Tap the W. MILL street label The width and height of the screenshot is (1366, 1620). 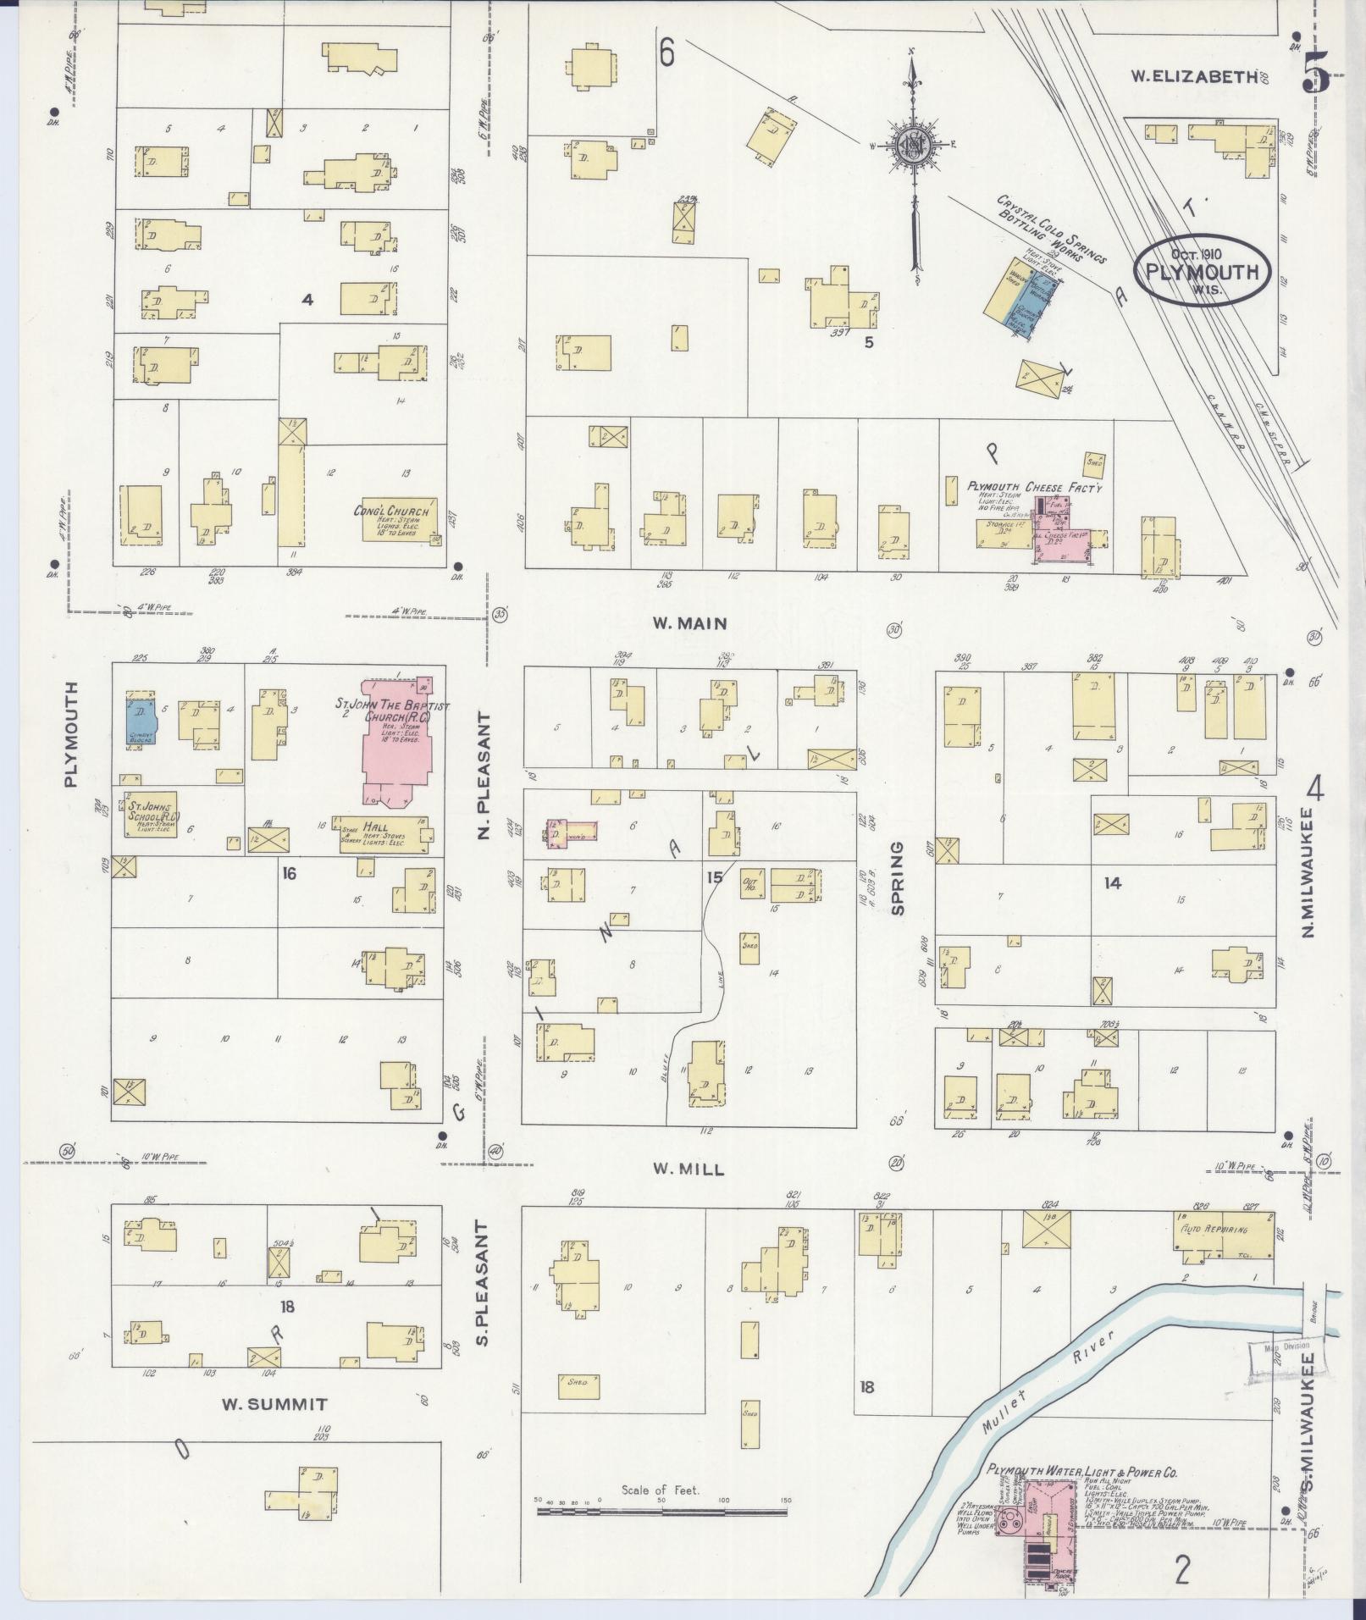[688, 1169]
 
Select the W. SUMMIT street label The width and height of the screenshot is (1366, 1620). [274, 1404]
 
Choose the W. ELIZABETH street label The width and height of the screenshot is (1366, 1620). [1194, 76]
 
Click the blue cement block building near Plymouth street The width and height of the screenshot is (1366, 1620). [138, 719]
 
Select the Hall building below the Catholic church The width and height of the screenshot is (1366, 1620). [383, 836]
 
